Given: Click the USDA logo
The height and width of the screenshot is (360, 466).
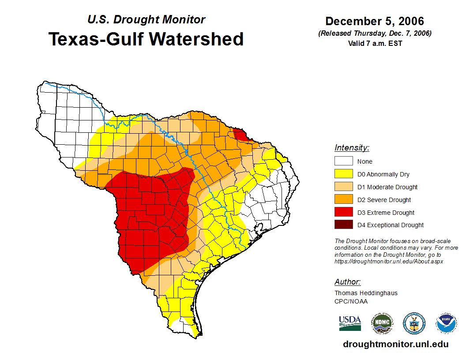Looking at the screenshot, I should (350, 323).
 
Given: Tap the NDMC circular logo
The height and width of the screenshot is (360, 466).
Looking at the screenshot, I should (382, 323).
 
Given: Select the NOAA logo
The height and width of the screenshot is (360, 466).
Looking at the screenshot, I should (446, 323).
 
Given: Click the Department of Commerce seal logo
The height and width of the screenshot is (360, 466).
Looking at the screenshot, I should (414, 323).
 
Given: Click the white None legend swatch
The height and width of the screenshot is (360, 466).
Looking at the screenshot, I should (343, 161).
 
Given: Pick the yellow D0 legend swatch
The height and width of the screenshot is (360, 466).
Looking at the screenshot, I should (343, 174).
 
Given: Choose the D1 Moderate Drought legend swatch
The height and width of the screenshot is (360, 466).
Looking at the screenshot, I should (343, 187).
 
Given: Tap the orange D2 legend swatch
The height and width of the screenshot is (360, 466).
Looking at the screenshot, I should (343, 200).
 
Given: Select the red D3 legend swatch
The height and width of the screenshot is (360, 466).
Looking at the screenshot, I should (343, 213).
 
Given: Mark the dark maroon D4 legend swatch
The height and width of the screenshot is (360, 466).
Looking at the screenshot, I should (343, 225).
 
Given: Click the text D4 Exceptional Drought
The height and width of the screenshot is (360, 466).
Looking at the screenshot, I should (391, 225).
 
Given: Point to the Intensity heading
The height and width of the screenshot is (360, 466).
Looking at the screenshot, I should (352, 148).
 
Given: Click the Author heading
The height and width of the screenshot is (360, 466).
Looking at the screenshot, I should (347, 282).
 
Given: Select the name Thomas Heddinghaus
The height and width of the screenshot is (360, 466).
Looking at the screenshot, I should (366, 293).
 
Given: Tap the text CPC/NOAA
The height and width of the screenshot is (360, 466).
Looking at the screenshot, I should (351, 301).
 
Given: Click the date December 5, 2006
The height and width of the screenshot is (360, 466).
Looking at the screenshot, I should (375, 21).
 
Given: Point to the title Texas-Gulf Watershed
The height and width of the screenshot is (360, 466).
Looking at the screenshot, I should (146, 39).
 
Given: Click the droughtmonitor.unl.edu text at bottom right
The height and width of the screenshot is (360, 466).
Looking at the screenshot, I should (395, 345).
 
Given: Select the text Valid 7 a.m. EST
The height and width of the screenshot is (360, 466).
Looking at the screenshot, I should (375, 43).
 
